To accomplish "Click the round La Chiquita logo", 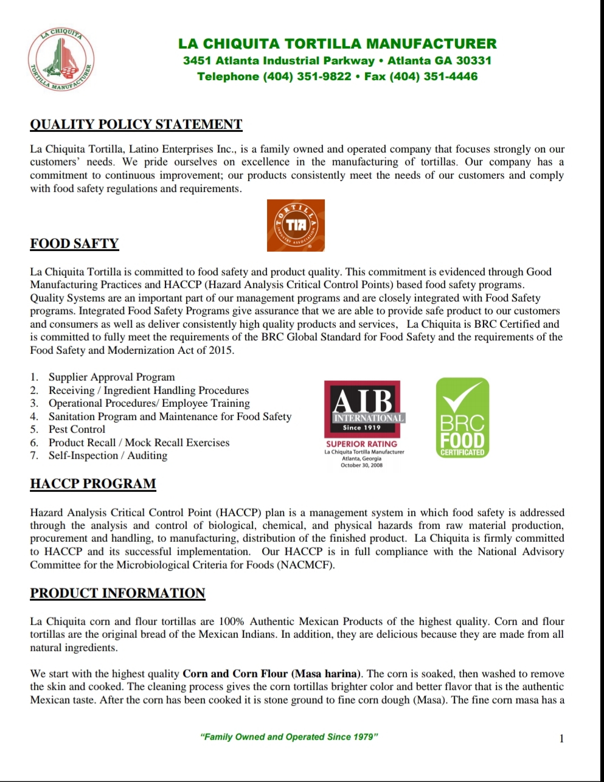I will [61, 60].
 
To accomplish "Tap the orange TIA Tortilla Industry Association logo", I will [296, 226].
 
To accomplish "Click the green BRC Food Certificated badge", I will [462, 418].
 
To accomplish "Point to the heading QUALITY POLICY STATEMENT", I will [136, 125].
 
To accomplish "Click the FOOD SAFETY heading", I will [74, 244].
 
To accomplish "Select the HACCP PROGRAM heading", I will [93, 484].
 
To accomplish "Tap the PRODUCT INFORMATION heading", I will [117, 593].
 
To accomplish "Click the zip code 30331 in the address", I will [473, 61].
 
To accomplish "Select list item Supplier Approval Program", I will [111, 377].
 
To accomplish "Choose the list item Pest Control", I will [77, 429].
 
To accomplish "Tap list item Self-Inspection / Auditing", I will [108, 455].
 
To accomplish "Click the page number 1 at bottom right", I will [561, 739].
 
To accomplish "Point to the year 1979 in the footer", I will [364, 737].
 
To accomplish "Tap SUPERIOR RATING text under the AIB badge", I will [361, 444].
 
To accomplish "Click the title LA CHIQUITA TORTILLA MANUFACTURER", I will [337, 44].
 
